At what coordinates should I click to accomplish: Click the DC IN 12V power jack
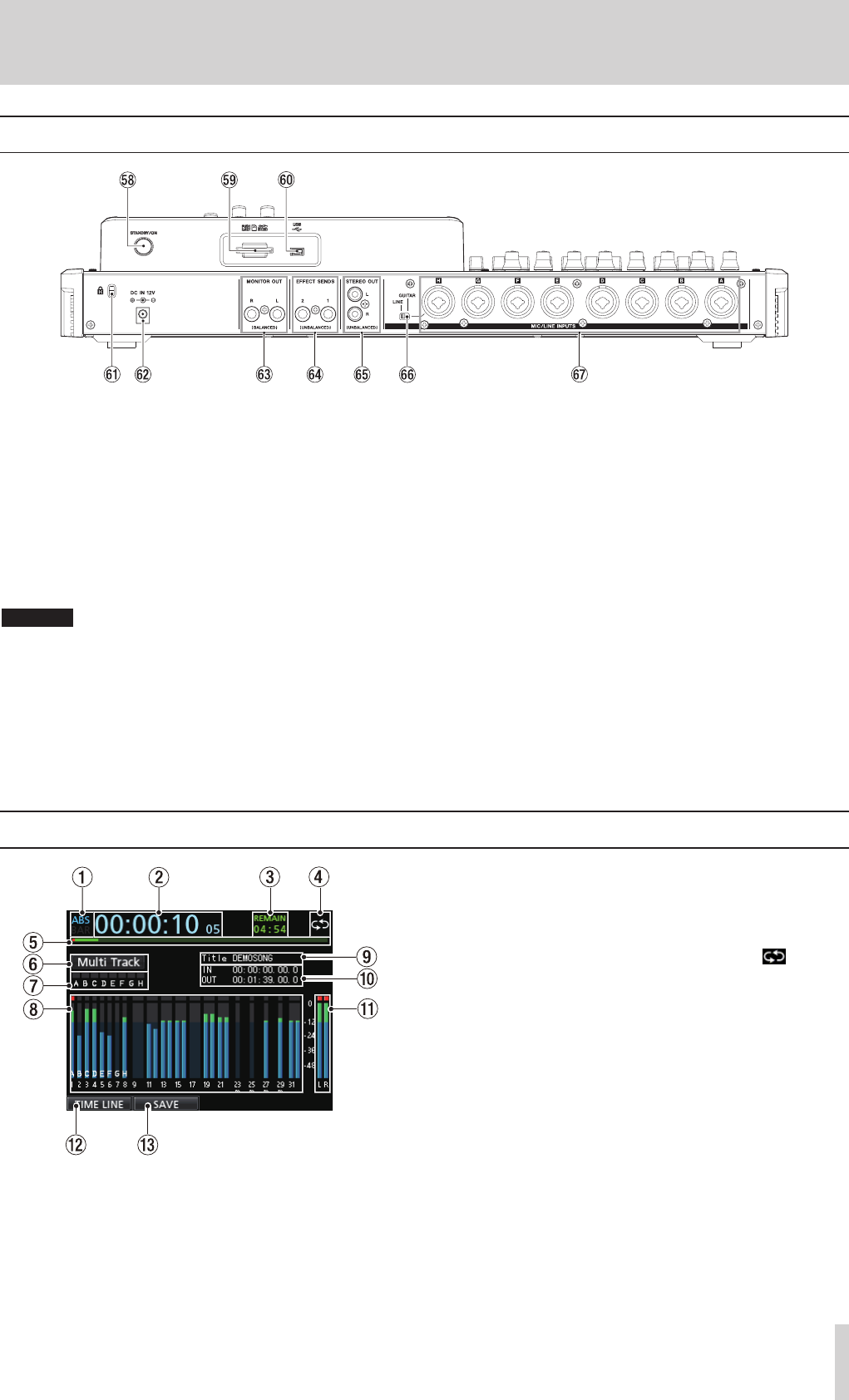pyautogui.click(x=143, y=315)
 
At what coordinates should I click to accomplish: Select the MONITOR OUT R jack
pyautogui.click(x=250, y=314)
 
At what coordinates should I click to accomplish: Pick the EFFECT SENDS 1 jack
pyautogui.click(x=328, y=314)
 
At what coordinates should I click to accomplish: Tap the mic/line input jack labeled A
pyautogui.click(x=721, y=304)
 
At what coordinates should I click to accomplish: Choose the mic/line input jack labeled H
pyautogui.click(x=438, y=304)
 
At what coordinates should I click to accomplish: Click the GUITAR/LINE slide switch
pyautogui.click(x=404, y=316)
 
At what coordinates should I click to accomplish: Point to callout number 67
pyautogui.click(x=579, y=374)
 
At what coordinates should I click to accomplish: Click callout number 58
pyautogui.click(x=127, y=180)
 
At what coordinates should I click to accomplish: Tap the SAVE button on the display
pyautogui.click(x=166, y=1105)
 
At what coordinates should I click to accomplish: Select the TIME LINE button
pyautogui.click(x=100, y=1105)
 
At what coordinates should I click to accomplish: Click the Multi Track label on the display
pyautogui.click(x=109, y=963)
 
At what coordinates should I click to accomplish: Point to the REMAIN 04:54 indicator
pyautogui.click(x=269, y=924)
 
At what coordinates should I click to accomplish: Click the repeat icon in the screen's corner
pyautogui.click(x=319, y=924)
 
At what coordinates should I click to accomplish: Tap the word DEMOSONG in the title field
pyautogui.click(x=253, y=959)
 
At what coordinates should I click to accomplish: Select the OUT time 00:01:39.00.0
pyautogui.click(x=264, y=980)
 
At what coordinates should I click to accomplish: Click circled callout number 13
pyautogui.click(x=147, y=1145)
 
